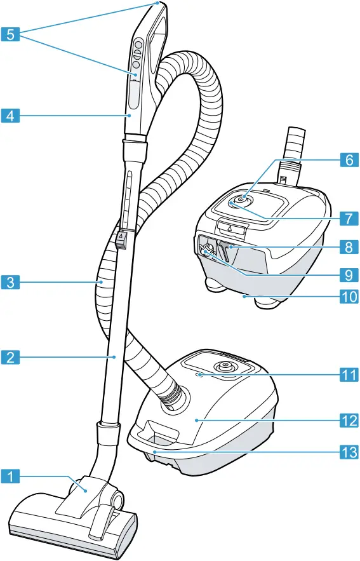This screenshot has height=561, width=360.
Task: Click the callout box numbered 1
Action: (10, 475)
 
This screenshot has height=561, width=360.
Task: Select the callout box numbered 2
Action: (10, 357)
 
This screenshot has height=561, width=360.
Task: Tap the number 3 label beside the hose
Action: (10, 281)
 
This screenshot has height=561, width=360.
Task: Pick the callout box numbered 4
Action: (10, 116)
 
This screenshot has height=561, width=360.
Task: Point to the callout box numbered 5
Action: (10, 35)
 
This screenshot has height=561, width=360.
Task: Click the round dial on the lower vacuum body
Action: (225, 366)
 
